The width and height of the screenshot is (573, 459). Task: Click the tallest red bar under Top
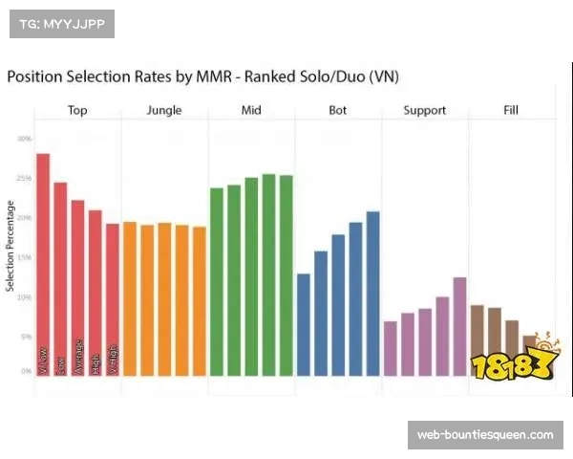43,263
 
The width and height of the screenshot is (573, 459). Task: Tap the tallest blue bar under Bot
372,293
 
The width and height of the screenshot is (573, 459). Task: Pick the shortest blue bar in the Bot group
304,324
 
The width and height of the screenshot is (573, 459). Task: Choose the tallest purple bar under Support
459,325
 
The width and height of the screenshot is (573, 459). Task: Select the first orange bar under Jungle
130,297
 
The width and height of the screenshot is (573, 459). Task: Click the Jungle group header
164,111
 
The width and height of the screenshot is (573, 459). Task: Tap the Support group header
424,111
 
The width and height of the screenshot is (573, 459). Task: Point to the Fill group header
511,111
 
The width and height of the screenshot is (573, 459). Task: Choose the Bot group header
338,111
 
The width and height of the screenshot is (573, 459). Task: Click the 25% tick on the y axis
23,178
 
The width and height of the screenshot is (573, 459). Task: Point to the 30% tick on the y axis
23,139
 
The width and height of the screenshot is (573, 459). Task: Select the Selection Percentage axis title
11,247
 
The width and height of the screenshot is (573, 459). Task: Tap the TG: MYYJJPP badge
61,23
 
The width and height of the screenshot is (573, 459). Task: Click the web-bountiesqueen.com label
484,435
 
